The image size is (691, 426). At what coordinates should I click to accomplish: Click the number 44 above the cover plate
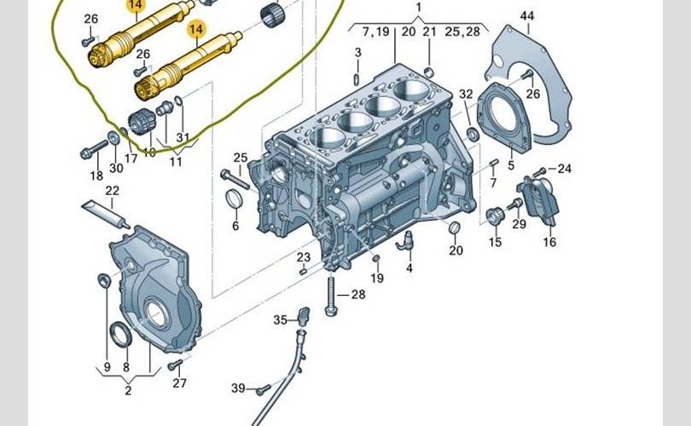[527, 16]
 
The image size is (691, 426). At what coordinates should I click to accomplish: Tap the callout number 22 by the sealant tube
[112, 191]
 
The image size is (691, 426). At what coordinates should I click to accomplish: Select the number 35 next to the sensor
[281, 320]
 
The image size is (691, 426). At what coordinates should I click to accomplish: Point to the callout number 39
[238, 388]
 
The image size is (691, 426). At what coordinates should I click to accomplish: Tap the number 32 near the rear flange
[466, 95]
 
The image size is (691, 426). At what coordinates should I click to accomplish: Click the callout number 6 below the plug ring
[235, 226]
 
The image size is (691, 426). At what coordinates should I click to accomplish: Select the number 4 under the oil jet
[409, 268]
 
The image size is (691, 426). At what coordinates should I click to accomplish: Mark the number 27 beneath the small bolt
[179, 383]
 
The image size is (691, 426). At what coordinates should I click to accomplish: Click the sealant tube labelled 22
[106, 214]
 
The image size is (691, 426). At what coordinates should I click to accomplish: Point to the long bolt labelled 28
[331, 295]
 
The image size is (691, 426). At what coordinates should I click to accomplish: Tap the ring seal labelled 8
[120, 335]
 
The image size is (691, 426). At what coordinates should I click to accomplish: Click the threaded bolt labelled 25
[235, 180]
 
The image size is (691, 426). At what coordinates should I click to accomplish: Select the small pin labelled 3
[357, 79]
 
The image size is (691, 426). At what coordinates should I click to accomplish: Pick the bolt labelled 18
[94, 150]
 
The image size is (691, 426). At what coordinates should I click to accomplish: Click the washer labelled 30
[113, 138]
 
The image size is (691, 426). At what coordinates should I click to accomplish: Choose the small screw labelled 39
[264, 389]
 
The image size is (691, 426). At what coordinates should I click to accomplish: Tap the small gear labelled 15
[494, 216]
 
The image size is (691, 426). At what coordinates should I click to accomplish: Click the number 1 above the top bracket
[419, 8]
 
